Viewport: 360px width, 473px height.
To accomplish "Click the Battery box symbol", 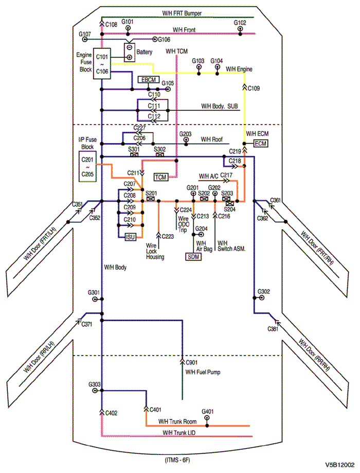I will point(129,52).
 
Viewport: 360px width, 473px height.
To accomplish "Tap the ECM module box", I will point(260,144).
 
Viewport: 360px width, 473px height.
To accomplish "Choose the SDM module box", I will point(193,256).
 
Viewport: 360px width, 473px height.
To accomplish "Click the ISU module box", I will point(130,236).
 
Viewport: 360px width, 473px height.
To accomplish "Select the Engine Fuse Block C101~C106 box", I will point(102,64).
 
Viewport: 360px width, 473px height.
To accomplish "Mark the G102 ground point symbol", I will point(240,29).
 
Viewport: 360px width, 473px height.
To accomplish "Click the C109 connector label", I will point(254,89).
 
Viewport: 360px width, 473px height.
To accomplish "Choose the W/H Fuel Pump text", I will point(203,372).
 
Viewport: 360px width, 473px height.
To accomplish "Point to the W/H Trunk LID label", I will point(179,433).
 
